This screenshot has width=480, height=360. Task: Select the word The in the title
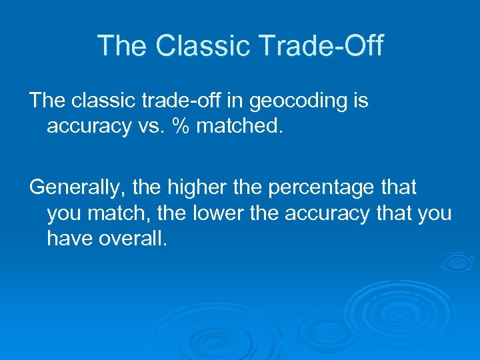tap(122, 46)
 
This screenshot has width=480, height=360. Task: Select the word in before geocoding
tap(237, 101)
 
